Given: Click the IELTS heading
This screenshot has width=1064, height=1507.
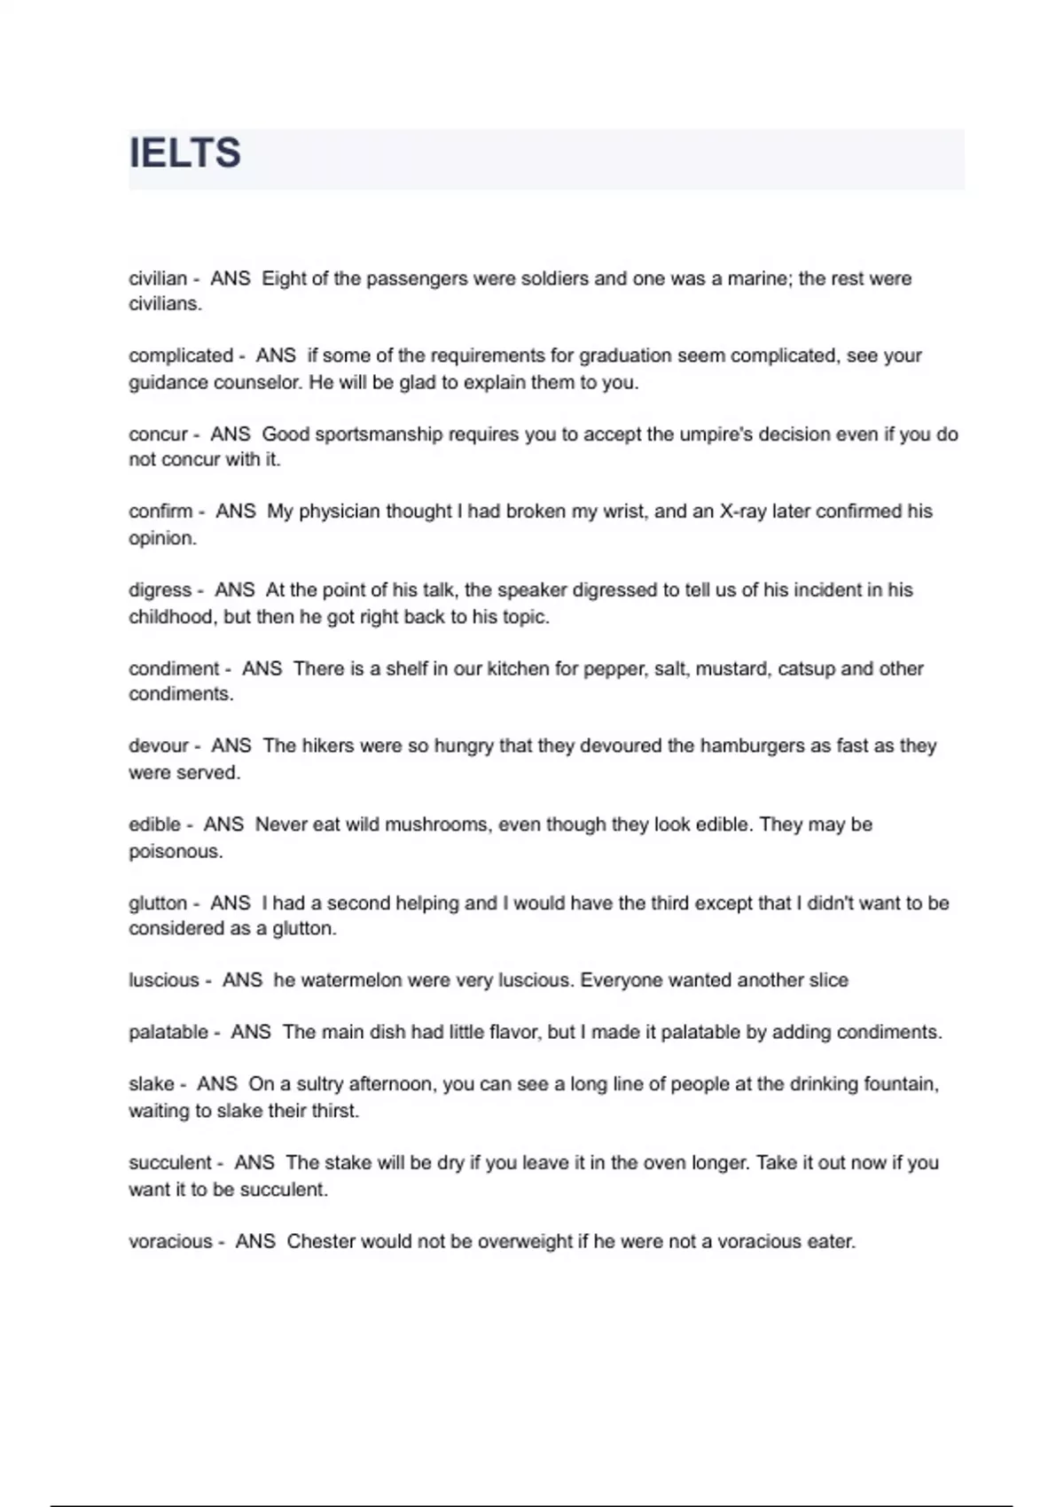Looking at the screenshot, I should tap(185, 153).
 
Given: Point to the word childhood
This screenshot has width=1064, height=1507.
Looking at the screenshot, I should tap(172, 617).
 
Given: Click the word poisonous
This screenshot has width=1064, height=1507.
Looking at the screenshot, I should tap(176, 852).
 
